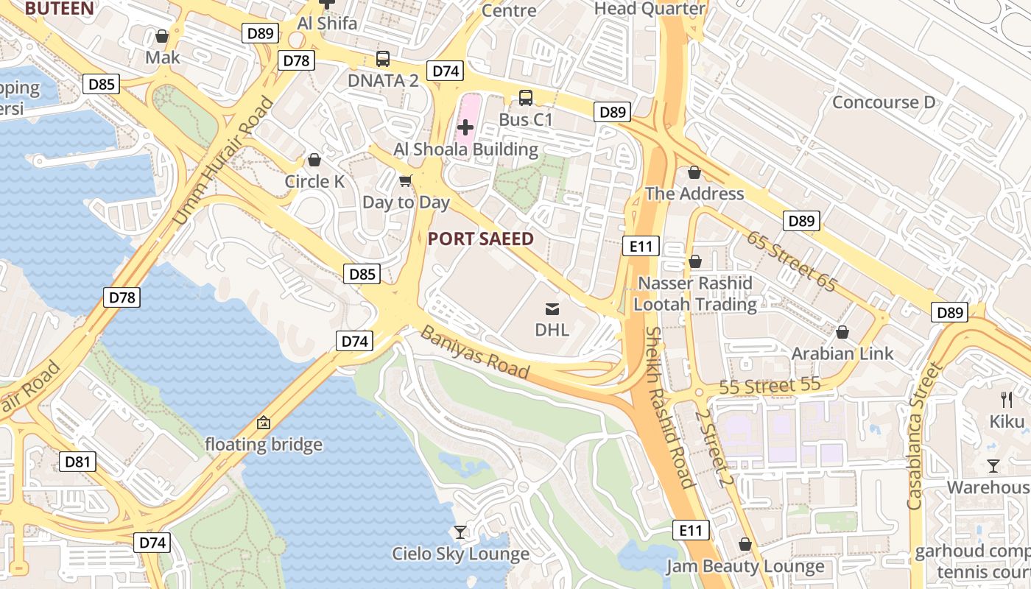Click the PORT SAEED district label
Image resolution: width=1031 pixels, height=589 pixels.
pyautogui.click(x=480, y=239)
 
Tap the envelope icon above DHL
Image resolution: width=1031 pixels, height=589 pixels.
pyautogui.click(x=552, y=308)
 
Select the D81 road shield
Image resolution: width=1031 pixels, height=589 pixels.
pyautogui.click(x=77, y=462)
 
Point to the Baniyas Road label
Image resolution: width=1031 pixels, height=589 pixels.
pyautogui.click(x=475, y=353)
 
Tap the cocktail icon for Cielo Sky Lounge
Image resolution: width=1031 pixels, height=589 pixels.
pyautogui.click(x=460, y=532)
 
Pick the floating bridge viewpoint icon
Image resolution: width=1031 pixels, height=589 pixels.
pyautogui.click(x=263, y=423)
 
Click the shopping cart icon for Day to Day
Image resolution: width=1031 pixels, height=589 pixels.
pyautogui.click(x=405, y=180)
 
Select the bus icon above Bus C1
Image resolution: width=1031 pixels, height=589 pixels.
pyautogui.click(x=526, y=97)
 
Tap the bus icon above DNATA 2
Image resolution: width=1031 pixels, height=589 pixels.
pyautogui.click(x=383, y=59)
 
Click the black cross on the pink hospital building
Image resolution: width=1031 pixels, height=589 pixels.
pyautogui.click(x=465, y=127)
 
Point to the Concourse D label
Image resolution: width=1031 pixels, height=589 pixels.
pyautogui.click(x=884, y=102)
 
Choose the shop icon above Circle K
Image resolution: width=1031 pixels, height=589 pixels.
pyautogui.click(x=314, y=160)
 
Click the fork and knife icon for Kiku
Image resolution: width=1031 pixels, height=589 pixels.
pyautogui.click(x=1007, y=400)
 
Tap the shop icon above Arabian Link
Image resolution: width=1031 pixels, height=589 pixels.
pyautogui.click(x=842, y=332)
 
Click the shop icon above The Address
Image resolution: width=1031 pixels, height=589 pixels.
pyautogui.click(x=694, y=172)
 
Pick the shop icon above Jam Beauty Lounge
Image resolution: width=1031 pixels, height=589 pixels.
pyautogui.click(x=745, y=544)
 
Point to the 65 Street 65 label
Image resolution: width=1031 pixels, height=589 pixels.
pyautogui.click(x=791, y=261)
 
